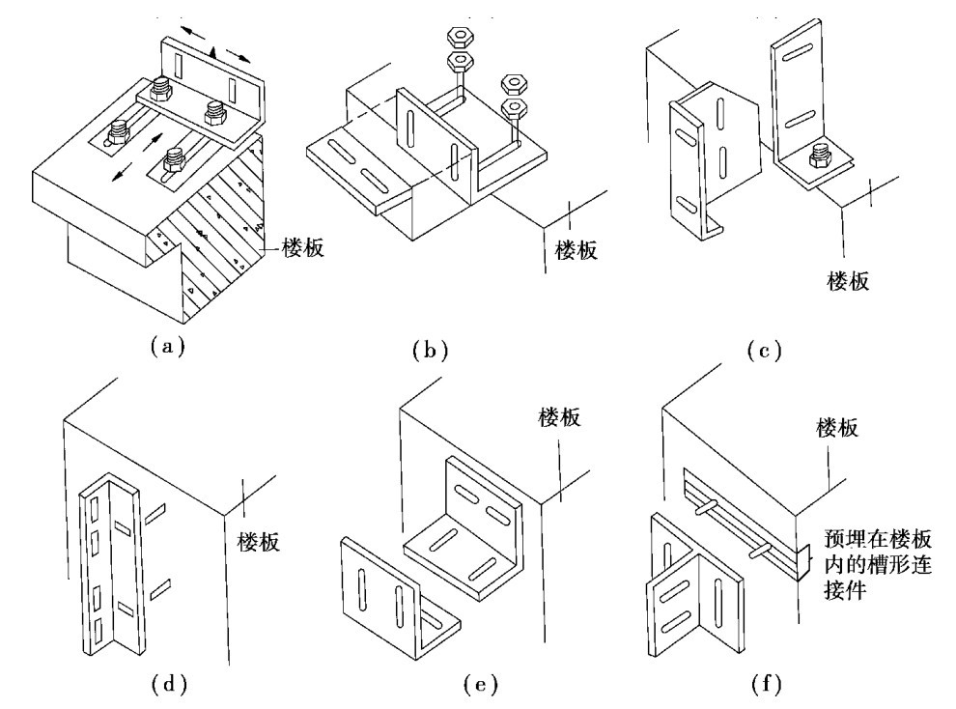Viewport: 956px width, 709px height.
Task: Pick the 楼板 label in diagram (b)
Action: [576, 252]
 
